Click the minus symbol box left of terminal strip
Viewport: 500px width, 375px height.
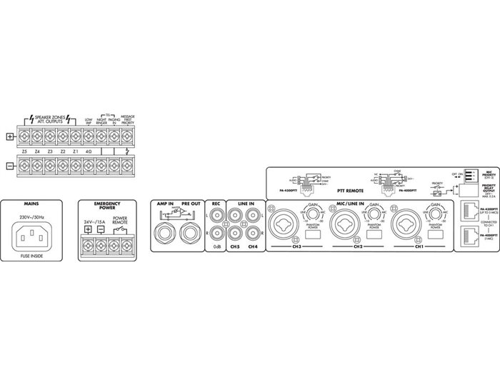pos(9,165)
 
